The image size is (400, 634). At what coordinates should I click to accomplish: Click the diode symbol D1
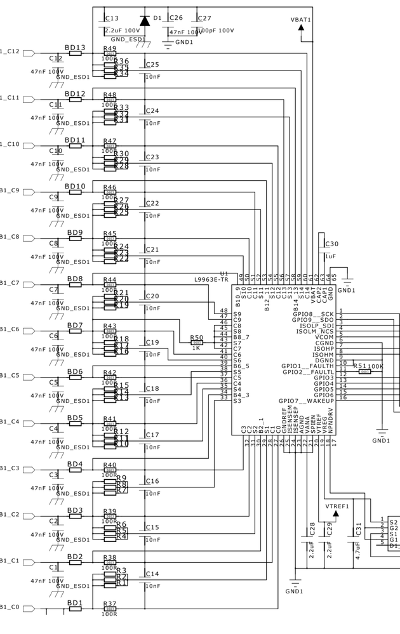point(145,20)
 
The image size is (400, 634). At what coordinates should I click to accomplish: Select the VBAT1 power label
point(300,20)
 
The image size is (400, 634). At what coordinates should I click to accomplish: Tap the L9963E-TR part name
point(211,279)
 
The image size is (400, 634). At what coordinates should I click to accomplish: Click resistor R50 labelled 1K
point(197,343)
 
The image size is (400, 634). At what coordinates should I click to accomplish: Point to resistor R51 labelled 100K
point(364,371)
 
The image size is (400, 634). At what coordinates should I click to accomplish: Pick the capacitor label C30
point(331,244)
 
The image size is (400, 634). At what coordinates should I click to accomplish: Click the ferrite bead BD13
point(75,53)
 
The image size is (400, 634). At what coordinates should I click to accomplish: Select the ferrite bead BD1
point(75,609)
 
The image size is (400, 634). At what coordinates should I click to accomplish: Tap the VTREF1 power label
point(337,506)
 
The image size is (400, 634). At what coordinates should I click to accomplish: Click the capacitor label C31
point(358,529)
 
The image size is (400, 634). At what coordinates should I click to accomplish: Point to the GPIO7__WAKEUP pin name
point(306,401)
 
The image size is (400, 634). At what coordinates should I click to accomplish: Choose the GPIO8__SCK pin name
point(313,314)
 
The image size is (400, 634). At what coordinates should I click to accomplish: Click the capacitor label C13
point(112,18)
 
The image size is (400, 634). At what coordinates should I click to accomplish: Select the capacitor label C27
point(204,18)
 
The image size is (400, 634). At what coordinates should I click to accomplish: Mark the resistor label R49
point(110,48)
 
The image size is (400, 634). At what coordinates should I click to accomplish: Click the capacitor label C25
point(152,65)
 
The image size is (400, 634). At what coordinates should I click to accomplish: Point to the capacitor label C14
point(152,574)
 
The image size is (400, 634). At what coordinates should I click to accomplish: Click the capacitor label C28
point(312,529)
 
